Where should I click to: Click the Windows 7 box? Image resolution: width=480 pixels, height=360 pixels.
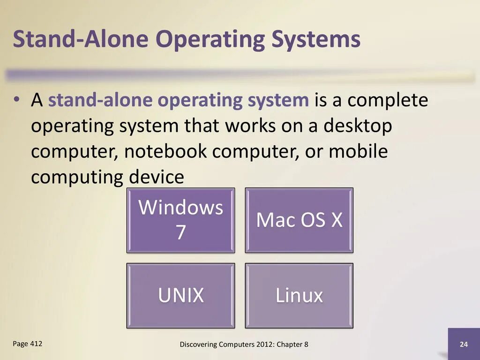(x=180, y=220)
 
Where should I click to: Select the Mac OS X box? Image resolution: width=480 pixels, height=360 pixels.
(x=299, y=220)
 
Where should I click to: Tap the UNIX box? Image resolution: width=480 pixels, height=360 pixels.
(x=180, y=295)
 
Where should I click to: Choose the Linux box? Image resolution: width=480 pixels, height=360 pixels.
(x=299, y=295)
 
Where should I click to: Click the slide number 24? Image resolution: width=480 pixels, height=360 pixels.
(x=464, y=345)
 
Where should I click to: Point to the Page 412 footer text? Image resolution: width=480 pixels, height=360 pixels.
(x=28, y=344)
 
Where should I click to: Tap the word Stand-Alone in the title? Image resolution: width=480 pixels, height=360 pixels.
(x=82, y=39)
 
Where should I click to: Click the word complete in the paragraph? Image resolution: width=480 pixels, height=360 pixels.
(x=388, y=101)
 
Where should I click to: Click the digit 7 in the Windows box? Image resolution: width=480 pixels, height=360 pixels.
(x=180, y=232)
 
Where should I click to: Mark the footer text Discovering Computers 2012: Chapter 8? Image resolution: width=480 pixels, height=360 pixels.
(x=244, y=345)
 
